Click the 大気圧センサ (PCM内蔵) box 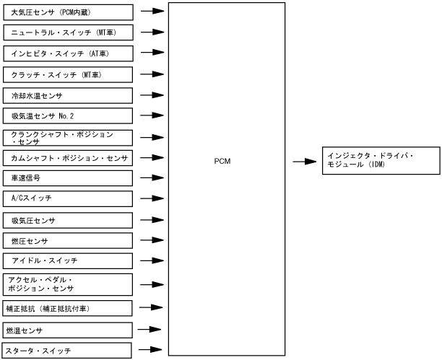68,12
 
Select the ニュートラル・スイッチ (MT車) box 68,32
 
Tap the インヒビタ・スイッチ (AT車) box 68,53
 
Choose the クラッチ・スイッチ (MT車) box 68,74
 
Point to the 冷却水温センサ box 68,95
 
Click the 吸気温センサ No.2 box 68,115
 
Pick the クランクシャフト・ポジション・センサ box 68,136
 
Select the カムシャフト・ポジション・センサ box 68,157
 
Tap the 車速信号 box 68,177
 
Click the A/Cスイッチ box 68,198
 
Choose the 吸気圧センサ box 68,220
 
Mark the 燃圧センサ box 68,240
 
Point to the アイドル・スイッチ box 68,260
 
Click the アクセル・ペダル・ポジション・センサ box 68,284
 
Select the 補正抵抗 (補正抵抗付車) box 68,309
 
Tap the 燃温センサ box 68,330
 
